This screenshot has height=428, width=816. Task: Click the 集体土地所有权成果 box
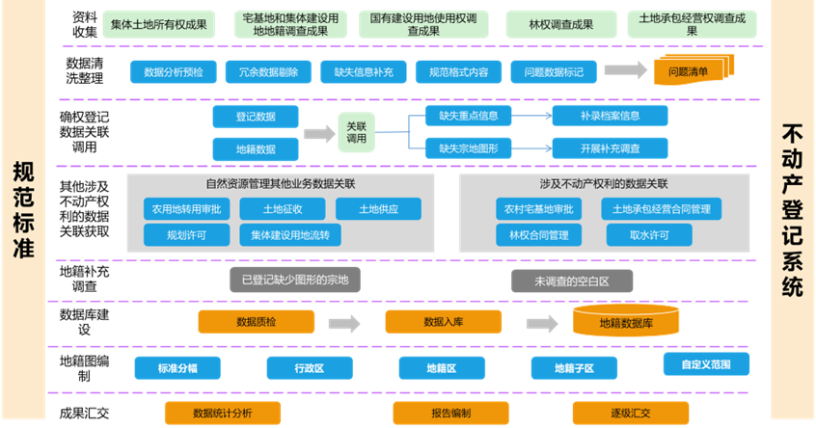click(x=158, y=23)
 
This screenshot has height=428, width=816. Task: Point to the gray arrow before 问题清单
click(x=625, y=70)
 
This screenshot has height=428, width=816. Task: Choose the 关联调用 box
click(x=357, y=132)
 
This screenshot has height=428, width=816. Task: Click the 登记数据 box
click(x=256, y=117)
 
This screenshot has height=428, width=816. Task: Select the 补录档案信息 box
click(x=610, y=117)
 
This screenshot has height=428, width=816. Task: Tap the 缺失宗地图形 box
click(x=468, y=147)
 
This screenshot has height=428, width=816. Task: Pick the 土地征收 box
click(x=284, y=208)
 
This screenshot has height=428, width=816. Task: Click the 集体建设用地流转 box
click(x=289, y=234)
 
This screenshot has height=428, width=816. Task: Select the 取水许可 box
click(x=648, y=234)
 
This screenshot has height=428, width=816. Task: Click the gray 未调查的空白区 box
click(x=572, y=281)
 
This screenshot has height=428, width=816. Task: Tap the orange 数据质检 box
click(x=256, y=322)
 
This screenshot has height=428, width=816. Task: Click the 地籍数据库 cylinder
click(x=626, y=322)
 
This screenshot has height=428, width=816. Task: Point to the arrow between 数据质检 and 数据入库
click(x=349, y=322)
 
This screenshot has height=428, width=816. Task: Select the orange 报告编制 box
click(x=449, y=413)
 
